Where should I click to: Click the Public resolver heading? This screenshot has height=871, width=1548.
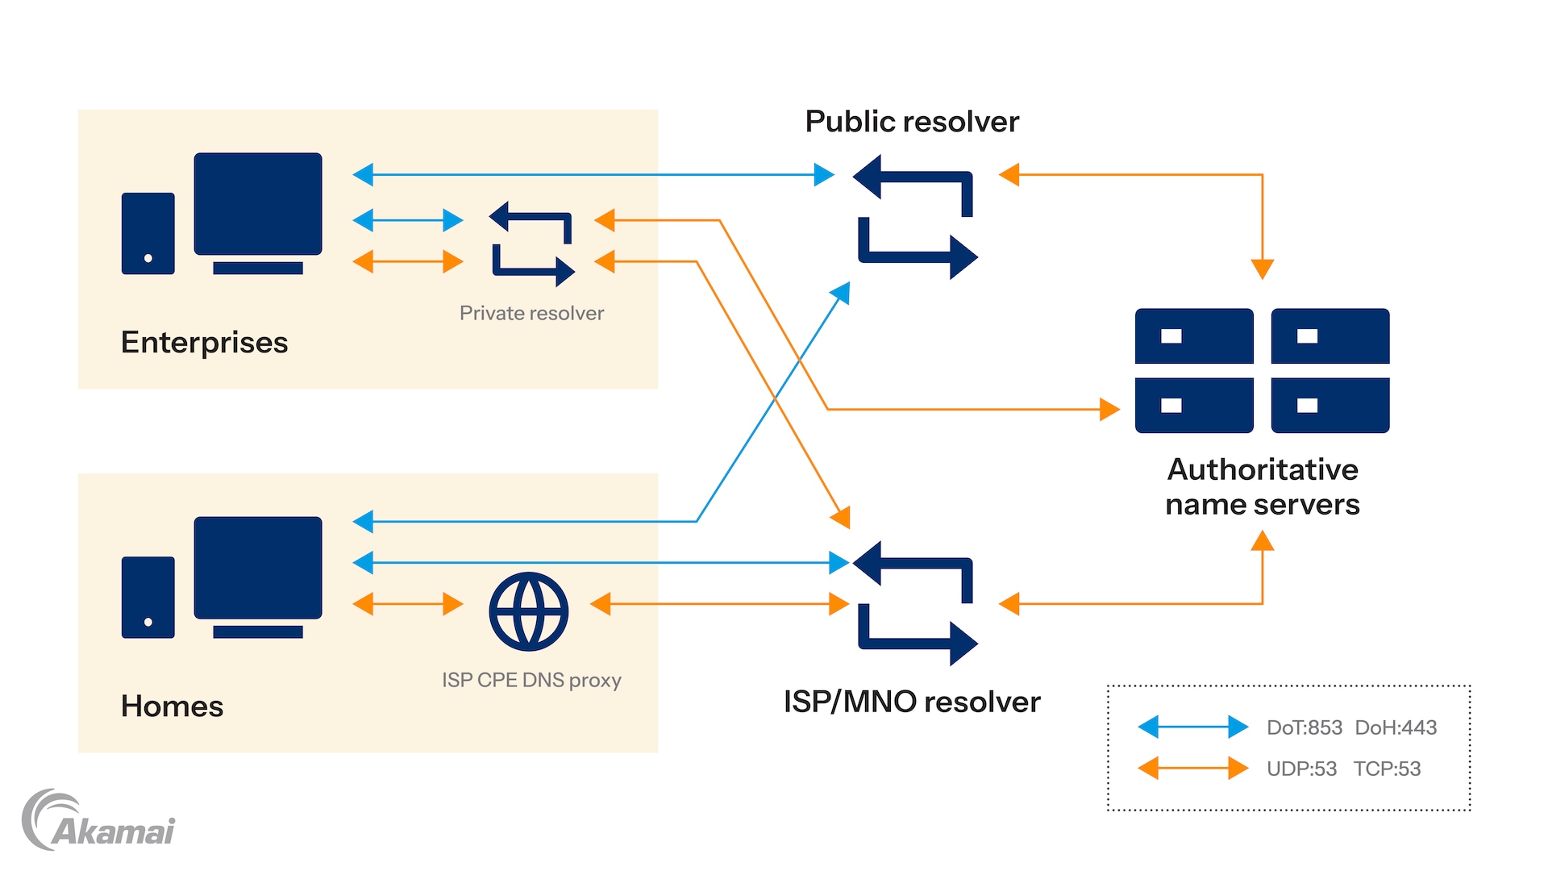coord(912,122)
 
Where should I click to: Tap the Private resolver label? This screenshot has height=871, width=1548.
coord(531,313)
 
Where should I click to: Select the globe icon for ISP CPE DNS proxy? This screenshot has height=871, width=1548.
coord(529,611)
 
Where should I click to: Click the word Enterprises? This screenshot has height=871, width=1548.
coord(204,343)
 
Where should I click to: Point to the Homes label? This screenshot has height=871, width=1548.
coord(172,706)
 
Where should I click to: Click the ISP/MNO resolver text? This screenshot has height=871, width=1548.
coord(912,702)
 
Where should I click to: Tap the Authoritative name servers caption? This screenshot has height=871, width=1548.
coord(1263,486)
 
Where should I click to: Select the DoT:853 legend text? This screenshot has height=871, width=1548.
coord(1304,727)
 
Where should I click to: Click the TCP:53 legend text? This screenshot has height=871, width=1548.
coord(1387,769)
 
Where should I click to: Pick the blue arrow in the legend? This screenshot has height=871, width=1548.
coord(1192,727)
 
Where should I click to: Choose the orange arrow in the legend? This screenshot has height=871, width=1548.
coord(1192,768)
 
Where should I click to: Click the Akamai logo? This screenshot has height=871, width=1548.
coord(98,821)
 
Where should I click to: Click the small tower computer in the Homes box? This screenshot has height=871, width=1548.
coord(148,598)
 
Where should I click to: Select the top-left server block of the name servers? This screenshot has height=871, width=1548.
coord(1194,335)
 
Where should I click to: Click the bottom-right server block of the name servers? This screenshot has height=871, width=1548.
coord(1330,405)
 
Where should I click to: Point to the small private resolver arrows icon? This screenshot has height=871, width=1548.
coord(532,244)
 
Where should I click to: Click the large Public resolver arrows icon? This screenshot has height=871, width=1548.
coord(915,217)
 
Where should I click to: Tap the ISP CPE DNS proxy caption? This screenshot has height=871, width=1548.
coord(531,680)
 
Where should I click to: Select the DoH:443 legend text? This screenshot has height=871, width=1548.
coord(1396,727)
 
